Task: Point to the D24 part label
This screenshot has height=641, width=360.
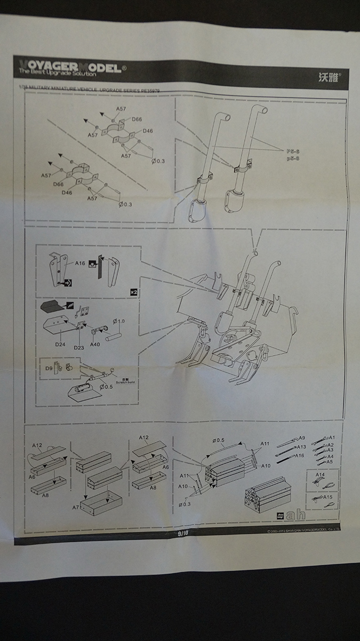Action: (60, 344)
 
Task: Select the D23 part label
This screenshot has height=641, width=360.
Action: (79, 347)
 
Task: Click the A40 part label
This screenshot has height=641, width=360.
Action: (95, 344)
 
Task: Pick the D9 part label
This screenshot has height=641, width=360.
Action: (49, 367)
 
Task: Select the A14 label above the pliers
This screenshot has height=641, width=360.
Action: (319, 474)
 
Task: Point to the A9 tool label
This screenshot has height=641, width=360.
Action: (301, 437)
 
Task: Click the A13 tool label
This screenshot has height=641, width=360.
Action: (301, 446)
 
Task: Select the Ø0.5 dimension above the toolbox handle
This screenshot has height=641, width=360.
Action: (218, 440)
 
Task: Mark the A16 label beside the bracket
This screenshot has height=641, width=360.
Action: (80, 263)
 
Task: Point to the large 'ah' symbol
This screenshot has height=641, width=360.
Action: (295, 516)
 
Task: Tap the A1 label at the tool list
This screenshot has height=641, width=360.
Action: (331, 437)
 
